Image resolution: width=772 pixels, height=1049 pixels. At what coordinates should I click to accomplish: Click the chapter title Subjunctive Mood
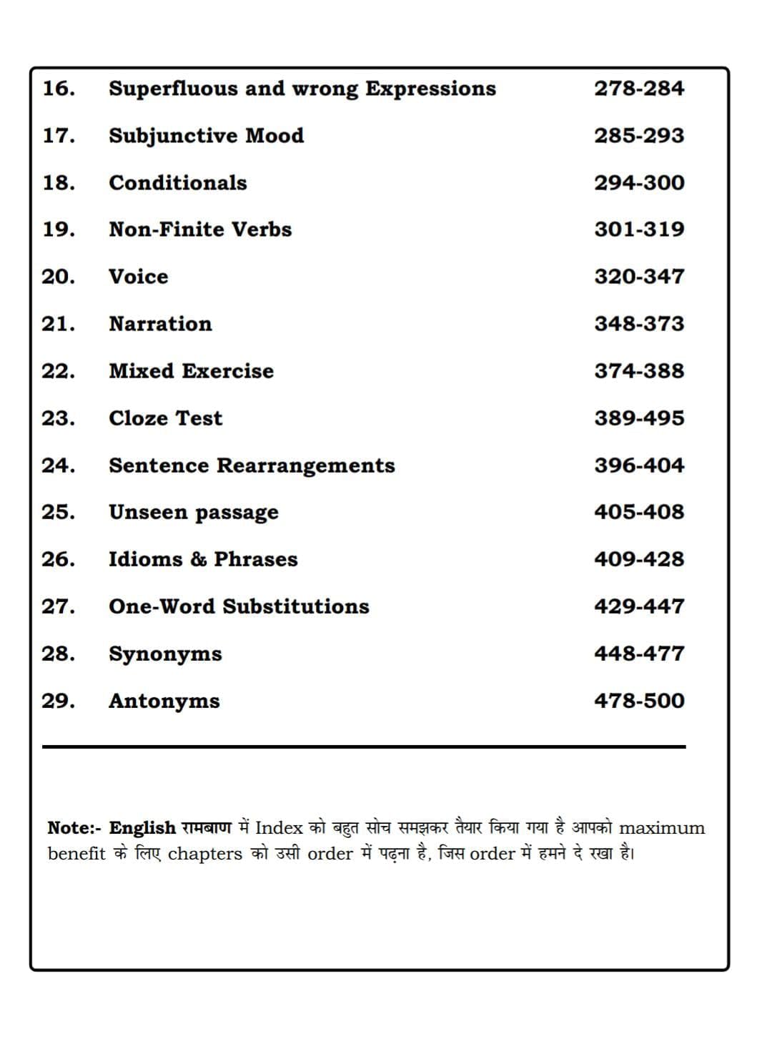click(x=206, y=136)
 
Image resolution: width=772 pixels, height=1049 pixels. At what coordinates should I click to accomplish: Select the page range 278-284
click(x=639, y=89)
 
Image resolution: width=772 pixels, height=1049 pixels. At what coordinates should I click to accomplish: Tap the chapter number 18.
click(x=58, y=183)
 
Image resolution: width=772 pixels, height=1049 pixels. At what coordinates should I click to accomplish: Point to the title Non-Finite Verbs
click(x=200, y=230)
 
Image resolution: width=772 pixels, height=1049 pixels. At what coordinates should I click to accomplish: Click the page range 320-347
click(x=639, y=277)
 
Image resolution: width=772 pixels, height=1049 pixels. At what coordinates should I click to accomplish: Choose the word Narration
click(x=160, y=324)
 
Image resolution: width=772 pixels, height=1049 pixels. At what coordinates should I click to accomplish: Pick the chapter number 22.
click(x=58, y=371)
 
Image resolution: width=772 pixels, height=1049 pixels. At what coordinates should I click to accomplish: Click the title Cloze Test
click(x=165, y=418)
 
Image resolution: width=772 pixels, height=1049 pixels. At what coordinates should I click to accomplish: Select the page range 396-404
click(x=639, y=466)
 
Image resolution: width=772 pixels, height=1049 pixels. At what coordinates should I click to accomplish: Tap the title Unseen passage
click(x=193, y=513)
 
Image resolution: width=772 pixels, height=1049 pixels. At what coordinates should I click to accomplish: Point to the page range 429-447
click(x=639, y=606)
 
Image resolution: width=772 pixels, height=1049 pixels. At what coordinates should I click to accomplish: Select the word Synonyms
click(x=165, y=654)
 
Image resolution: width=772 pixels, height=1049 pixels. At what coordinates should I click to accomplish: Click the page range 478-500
click(x=639, y=701)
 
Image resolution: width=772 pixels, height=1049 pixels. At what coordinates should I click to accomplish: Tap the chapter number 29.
click(x=58, y=701)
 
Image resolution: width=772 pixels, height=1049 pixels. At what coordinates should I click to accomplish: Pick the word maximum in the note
click(x=662, y=828)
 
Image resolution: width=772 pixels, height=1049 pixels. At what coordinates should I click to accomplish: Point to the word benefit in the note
click(x=76, y=854)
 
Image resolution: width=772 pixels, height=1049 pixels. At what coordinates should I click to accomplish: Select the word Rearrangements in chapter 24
click(x=305, y=466)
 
